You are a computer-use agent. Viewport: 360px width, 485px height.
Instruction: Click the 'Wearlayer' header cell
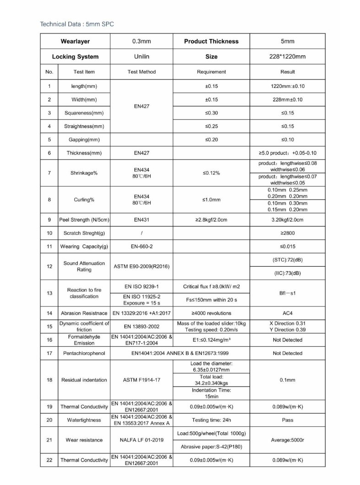pyautogui.click(x=75, y=41)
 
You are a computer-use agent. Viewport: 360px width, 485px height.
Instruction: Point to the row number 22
pyautogui.click(x=49, y=459)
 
